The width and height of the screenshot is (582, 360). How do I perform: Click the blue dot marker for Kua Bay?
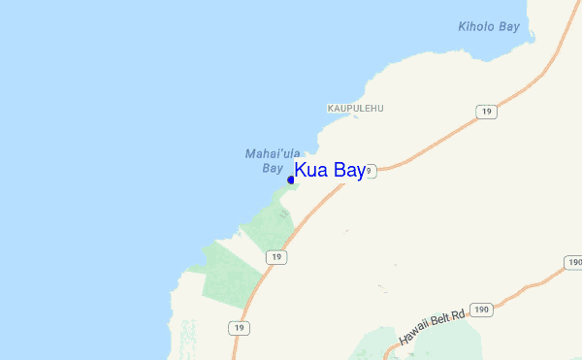[x=291, y=180]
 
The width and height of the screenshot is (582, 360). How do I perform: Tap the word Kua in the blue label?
[x=312, y=171]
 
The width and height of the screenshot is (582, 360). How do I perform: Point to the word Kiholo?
[x=477, y=26]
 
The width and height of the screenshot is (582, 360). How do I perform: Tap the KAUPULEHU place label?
[x=355, y=108]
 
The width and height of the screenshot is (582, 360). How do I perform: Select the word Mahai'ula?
[x=273, y=153]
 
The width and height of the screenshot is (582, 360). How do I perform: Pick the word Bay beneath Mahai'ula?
[x=273, y=168]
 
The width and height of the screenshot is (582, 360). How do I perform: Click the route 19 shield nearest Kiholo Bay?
[x=487, y=113]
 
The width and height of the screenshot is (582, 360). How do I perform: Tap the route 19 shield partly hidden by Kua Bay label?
[x=370, y=171]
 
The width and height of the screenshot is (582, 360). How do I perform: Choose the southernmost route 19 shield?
[x=239, y=329]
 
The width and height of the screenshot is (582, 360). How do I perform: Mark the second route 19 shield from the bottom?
[x=277, y=256]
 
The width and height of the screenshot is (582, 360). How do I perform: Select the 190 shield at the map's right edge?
[x=573, y=263]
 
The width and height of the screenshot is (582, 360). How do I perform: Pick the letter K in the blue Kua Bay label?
[x=301, y=171]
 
